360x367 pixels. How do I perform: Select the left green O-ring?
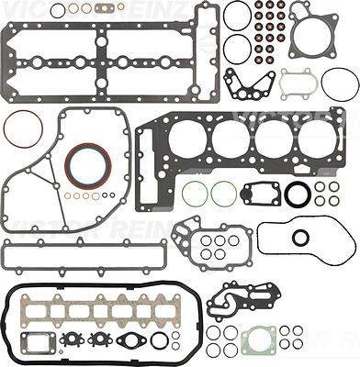click(x=194, y=195)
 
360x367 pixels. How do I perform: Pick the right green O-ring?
click(x=223, y=195)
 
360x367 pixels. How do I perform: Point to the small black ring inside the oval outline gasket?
click(x=300, y=237)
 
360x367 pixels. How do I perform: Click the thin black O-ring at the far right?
click(x=340, y=83)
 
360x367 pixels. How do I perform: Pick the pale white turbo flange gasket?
click(x=298, y=83)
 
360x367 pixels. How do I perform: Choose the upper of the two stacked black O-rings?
click(x=236, y=16)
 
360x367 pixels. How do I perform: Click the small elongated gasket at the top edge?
click(x=110, y=9)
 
